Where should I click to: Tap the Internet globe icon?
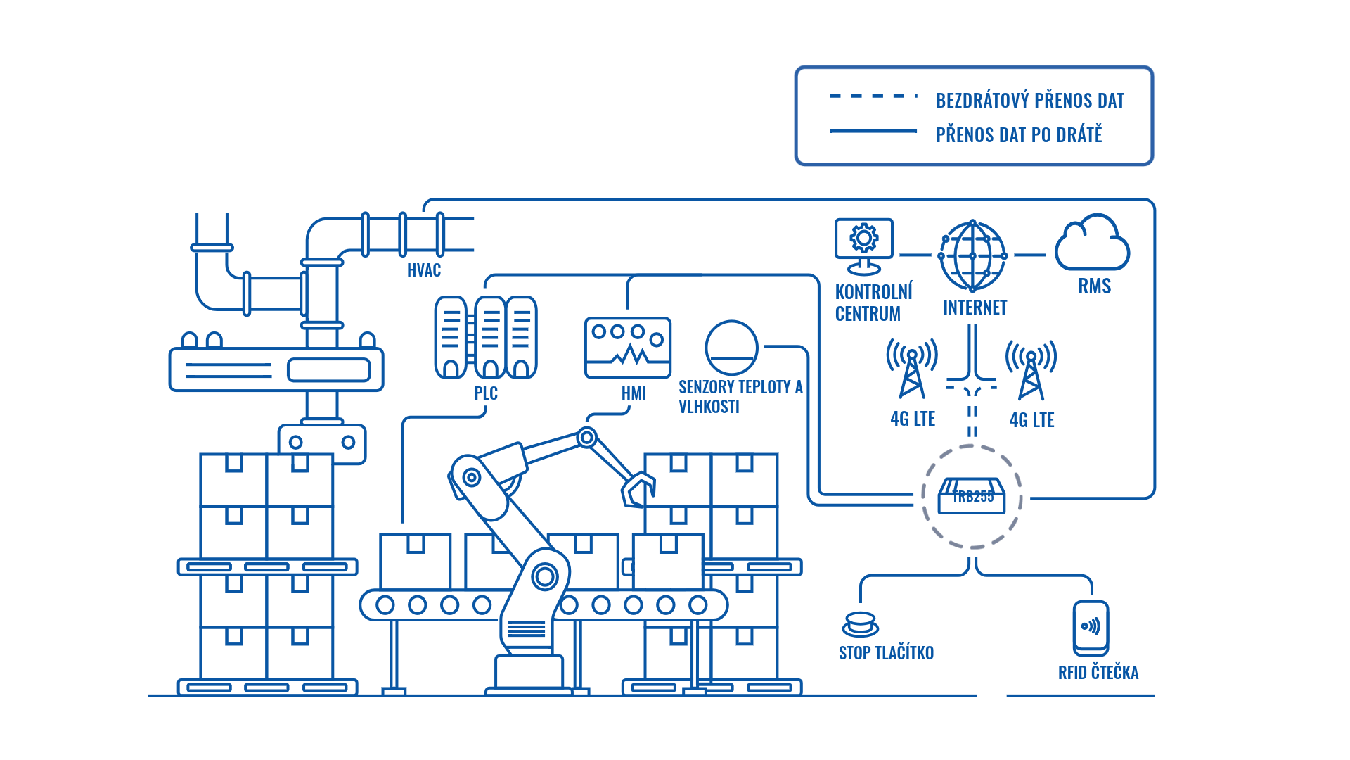[972, 255]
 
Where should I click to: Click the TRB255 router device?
[972, 495]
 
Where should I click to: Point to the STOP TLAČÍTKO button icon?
[860, 624]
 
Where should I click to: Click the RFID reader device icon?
[1091, 627]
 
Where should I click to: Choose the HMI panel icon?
[628, 348]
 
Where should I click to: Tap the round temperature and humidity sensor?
[731, 348]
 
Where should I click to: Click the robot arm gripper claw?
[638, 488]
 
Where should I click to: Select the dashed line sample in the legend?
[873, 96]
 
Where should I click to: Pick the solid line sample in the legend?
[873, 131]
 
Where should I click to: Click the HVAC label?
[424, 270]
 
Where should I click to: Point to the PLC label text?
[486, 393]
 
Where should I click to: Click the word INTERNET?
[975, 308]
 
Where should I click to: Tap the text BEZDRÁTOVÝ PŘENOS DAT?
[1030, 101]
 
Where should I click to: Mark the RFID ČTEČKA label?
[1098, 673]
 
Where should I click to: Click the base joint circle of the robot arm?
[545, 577]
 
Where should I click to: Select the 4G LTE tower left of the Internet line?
[912, 369]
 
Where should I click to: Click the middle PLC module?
[490, 337]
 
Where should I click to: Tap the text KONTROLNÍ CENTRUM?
[873, 303]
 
